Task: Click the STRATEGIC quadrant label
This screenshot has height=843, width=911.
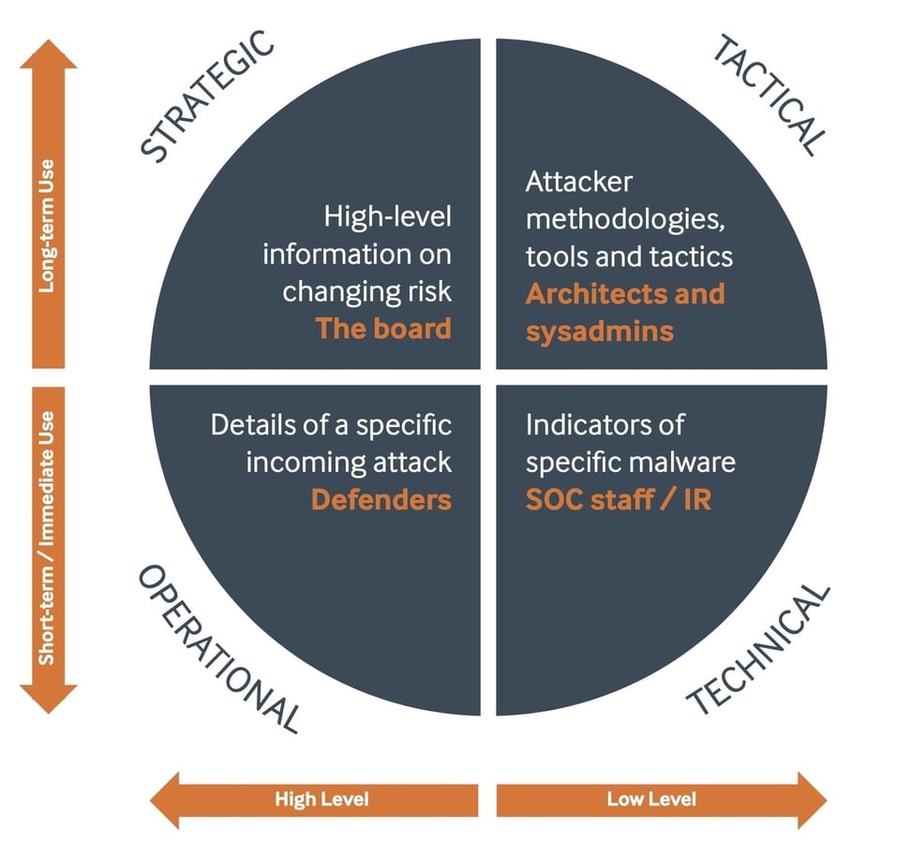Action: point(209,96)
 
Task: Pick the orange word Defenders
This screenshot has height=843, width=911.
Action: point(381,499)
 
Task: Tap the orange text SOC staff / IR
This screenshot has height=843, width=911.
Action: point(618,499)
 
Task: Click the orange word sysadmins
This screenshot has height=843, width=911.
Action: point(599,330)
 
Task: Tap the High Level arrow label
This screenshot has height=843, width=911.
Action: point(321,799)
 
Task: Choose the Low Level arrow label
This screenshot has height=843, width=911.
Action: point(650,799)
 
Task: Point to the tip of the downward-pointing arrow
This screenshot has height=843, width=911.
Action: point(48,711)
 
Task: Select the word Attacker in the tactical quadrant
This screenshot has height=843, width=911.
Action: point(578,182)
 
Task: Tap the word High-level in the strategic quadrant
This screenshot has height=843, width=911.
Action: point(388,217)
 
